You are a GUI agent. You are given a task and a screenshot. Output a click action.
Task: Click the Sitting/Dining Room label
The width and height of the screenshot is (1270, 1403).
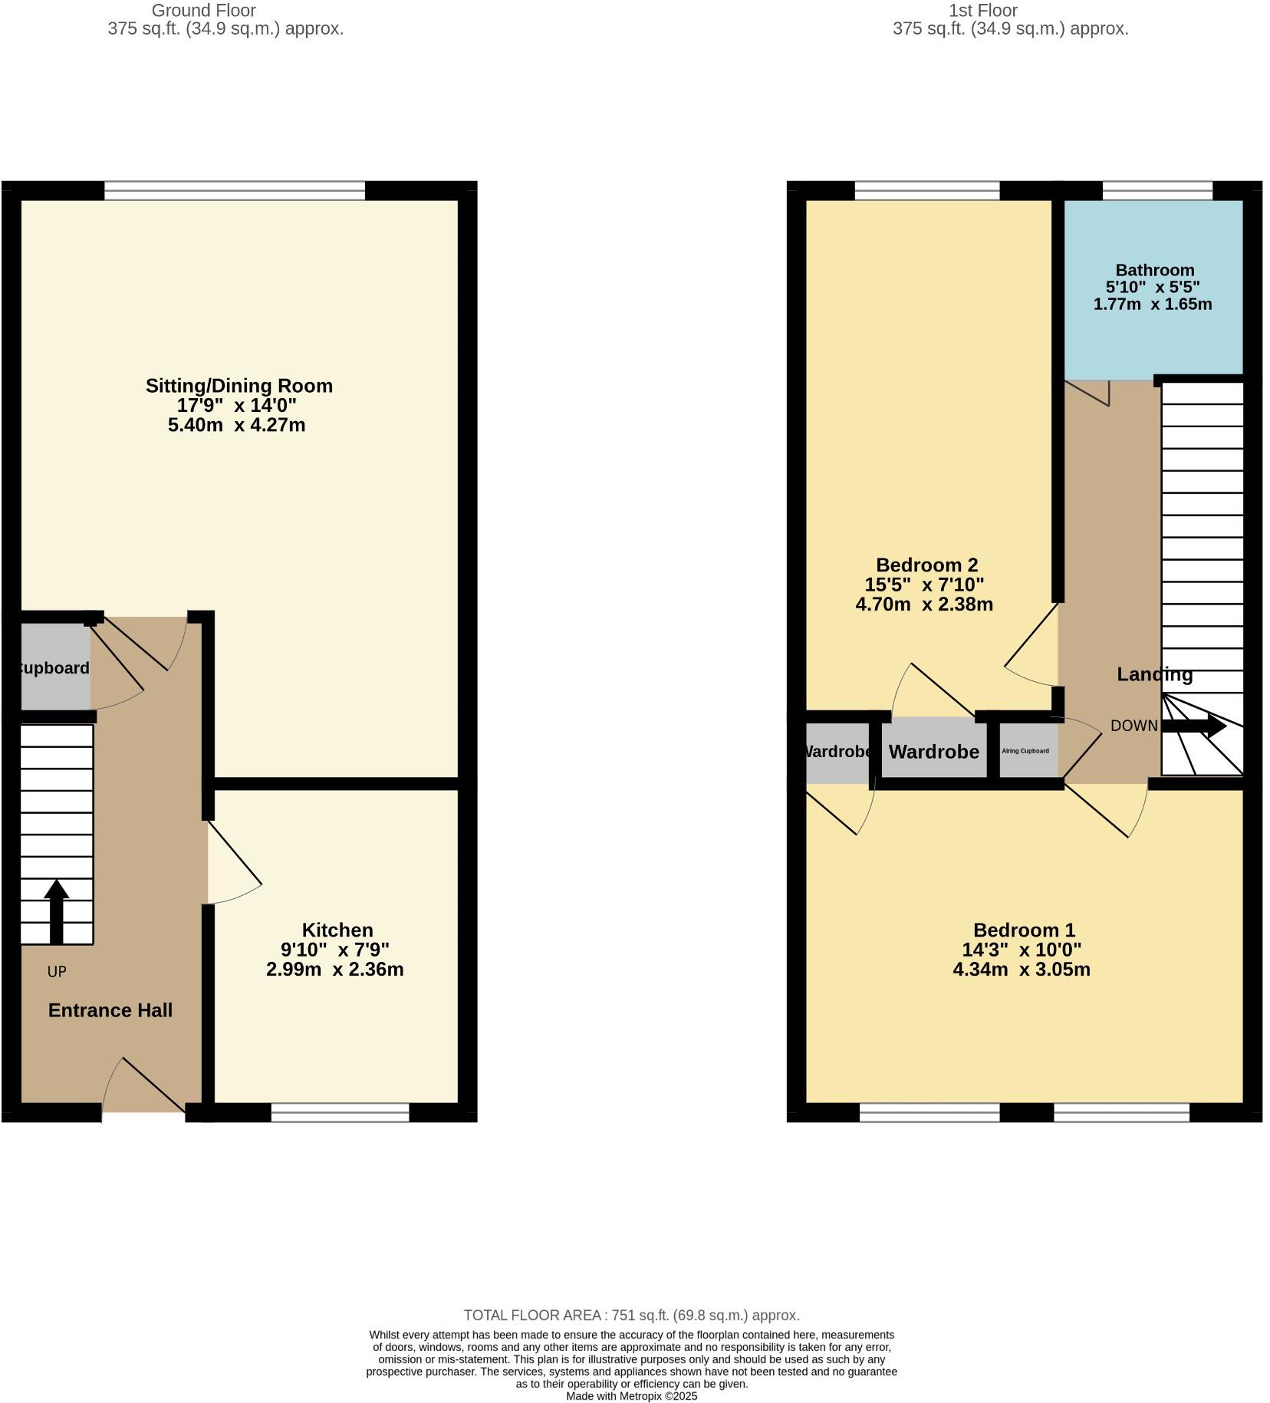239,386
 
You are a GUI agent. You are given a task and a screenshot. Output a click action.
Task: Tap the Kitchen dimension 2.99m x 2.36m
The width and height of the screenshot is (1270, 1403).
334,970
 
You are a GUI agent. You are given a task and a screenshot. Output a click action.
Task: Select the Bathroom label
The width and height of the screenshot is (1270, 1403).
1154,270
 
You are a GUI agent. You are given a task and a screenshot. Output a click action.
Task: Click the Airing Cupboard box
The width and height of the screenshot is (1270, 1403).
1026,751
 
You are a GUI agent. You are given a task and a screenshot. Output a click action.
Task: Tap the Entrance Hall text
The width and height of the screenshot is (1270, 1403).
110,1010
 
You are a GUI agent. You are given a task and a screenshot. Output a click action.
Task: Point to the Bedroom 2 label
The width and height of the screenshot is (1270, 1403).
926,565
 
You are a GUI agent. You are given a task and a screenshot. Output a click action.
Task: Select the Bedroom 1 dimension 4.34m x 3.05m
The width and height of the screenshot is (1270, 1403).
1021,970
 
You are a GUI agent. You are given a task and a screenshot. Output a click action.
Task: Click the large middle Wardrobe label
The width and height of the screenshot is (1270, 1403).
933,752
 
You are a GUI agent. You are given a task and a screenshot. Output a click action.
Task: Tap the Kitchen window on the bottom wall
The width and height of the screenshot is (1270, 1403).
340,1112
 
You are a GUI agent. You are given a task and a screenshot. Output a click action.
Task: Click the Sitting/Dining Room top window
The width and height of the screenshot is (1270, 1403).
234,190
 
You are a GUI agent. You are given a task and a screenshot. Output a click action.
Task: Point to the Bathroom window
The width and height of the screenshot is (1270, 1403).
1156,190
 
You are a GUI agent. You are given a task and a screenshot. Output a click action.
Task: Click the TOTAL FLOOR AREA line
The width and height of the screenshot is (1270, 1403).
631,1316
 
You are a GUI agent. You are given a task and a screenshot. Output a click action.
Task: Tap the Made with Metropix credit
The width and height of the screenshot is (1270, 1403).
631,1396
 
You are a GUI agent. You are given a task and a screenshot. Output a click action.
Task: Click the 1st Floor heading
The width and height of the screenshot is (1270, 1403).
982,11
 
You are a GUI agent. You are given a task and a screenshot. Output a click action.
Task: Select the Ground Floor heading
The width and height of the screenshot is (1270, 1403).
203,11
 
